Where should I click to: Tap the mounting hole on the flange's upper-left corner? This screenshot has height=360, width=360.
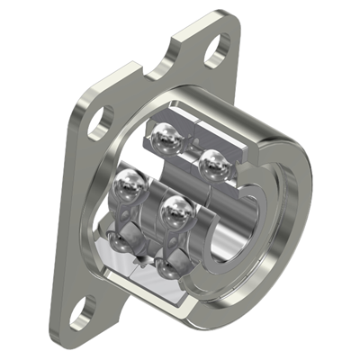point(103,117)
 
